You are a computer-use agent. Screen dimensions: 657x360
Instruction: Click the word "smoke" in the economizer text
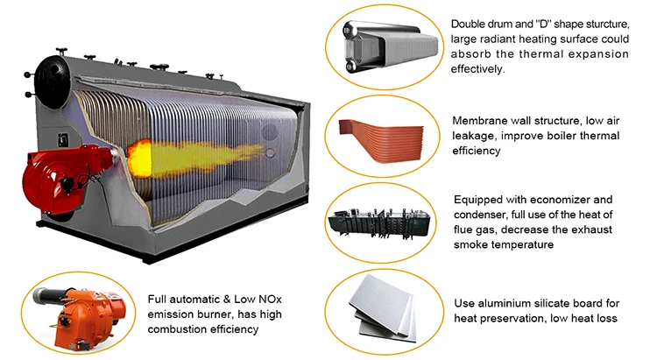click(x=471, y=245)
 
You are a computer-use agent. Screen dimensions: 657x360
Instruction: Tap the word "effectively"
click(x=479, y=68)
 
